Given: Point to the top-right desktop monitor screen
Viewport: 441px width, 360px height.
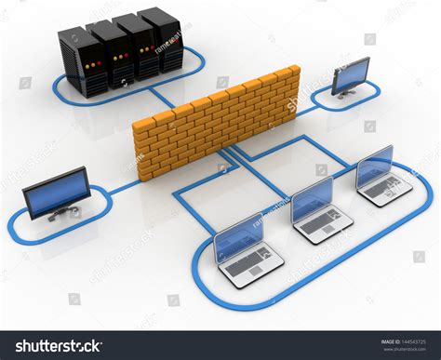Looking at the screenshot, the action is (352, 74).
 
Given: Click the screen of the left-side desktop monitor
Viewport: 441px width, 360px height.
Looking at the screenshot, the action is (57, 191).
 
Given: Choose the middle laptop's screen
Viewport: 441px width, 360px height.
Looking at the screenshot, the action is (312, 200).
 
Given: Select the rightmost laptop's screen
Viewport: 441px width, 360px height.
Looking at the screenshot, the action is (375, 165).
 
